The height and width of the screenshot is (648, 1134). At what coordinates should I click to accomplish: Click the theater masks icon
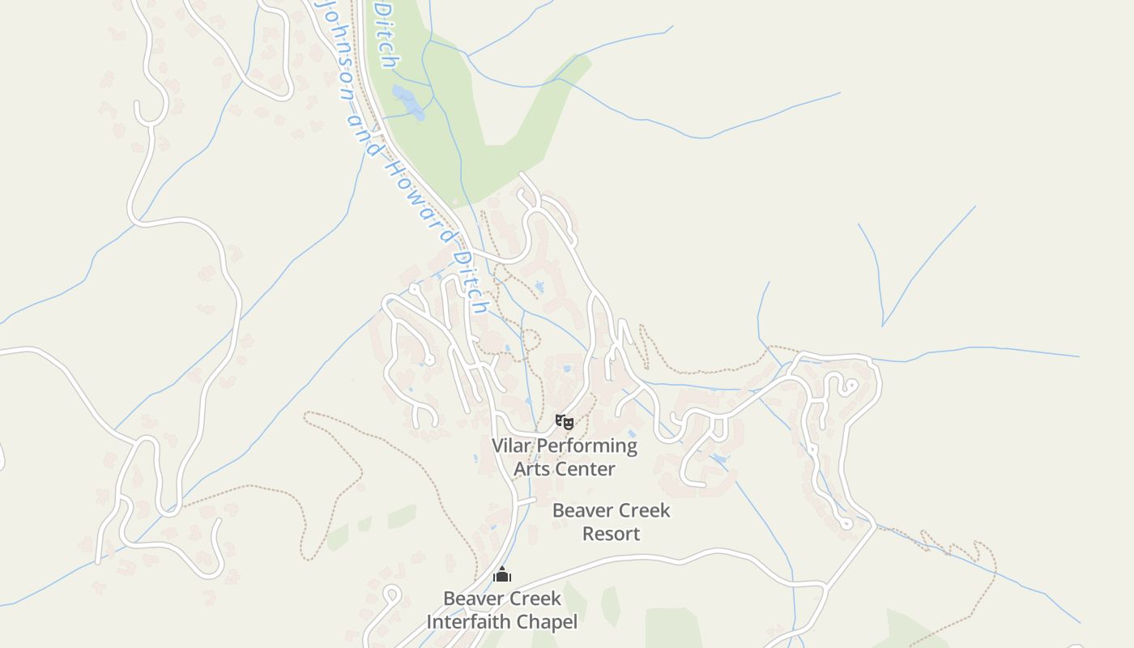point(565,421)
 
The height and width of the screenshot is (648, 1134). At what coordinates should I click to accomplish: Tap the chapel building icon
point(502,574)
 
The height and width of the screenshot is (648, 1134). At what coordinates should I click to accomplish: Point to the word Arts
point(531,469)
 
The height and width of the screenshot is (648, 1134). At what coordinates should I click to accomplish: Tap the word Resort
point(612,534)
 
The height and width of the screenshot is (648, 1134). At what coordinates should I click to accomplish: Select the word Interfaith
point(467,622)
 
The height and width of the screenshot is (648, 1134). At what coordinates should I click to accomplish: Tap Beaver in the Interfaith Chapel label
point(473,599)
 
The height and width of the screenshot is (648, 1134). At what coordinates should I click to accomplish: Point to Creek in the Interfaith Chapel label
point(535,599)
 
